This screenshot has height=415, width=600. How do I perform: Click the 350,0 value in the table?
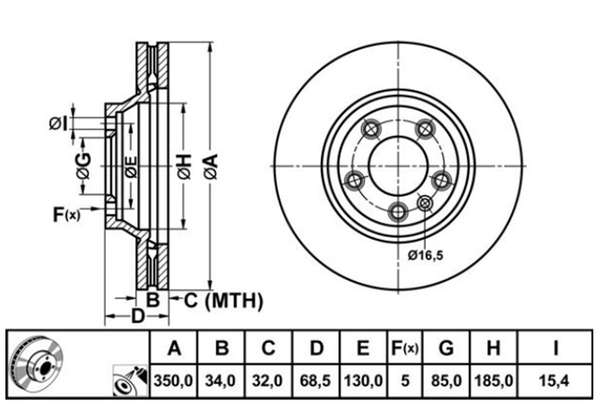point(173,380)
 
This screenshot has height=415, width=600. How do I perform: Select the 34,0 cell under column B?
point(220,380)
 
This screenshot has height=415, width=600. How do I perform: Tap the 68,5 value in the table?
point(315,380)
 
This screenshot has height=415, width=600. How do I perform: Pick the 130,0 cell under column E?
point(363,380)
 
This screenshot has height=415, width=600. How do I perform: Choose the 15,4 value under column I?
point(554,380)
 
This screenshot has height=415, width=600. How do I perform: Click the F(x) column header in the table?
point(404,348)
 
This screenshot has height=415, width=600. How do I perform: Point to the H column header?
point(493,348)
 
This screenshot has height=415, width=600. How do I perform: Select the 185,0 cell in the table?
point(493,380)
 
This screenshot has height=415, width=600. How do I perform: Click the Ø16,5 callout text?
point(425,255)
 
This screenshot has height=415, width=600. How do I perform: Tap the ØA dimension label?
point(211,167)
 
